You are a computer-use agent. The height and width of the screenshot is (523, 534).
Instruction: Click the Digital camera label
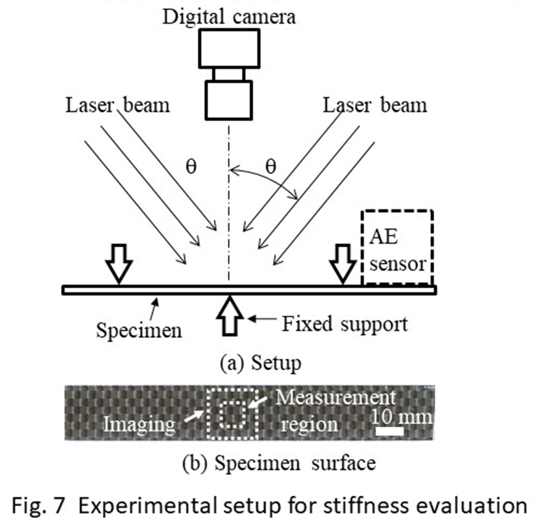pos(229,17)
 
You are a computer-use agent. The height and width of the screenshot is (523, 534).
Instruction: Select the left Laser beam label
pos(117,105)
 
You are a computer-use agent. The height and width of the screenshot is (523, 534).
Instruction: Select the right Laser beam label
pos(374,105)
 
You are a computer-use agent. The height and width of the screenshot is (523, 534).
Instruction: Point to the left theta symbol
pos(191,167)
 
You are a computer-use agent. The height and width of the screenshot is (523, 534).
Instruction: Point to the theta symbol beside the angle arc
pos(271,167)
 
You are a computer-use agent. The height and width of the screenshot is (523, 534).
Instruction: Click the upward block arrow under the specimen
pos(230,316)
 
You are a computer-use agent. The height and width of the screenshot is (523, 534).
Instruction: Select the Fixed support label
pos(345,324)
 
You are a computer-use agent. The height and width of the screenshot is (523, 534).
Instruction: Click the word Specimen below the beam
pos(139,330)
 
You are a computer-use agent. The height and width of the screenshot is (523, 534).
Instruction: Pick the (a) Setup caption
pos(260,363)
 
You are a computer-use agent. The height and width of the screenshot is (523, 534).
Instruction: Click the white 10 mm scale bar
pos(390,431)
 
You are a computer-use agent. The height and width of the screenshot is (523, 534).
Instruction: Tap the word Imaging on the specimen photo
pos(139,424)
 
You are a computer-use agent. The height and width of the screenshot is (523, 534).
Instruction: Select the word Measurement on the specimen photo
pos(335,397)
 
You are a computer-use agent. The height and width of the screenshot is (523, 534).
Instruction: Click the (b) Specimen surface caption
pos(279,464)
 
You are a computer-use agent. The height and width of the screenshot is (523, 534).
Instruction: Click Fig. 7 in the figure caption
pos(38,505)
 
